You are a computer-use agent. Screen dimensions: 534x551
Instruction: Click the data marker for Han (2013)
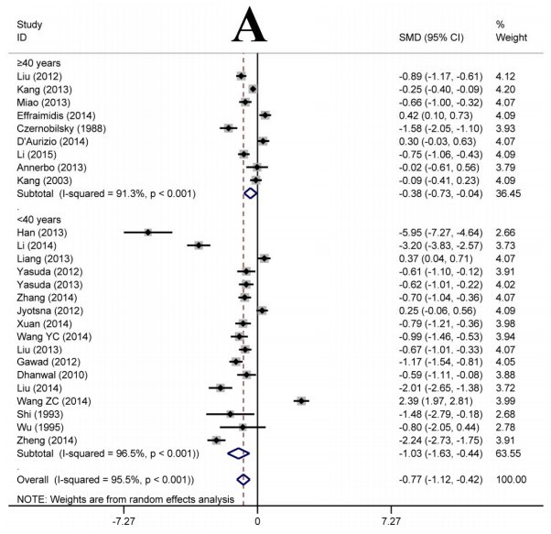[x=147, y=232]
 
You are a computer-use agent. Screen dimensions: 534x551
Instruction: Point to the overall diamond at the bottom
[x=243, y=478]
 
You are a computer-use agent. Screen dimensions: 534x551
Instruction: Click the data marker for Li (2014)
[x=198, y=245]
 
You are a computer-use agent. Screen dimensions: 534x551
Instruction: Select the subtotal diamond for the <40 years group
[x=239, y=452]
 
